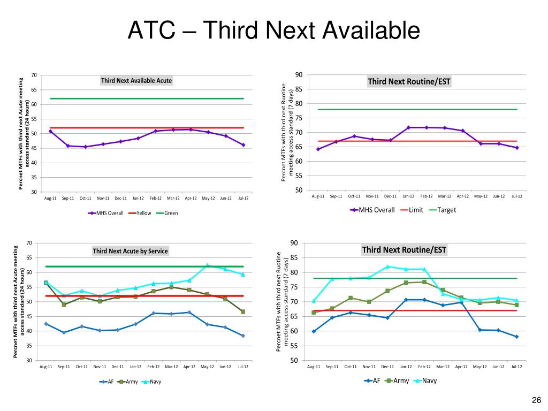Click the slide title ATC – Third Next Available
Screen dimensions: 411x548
pyautogui.click(x=273, y=31)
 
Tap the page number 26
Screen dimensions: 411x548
pyautogui.click(x=536, y=400)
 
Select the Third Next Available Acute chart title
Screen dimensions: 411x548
pyautogui.click(x=136, y=81)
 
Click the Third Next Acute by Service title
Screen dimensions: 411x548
pyautogui.click(x=130, y=251)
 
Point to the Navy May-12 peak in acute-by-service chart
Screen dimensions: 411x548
pyautogui.click(x=208, y=265)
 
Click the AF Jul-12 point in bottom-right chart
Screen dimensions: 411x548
pyautogui.click(x=516, y=337)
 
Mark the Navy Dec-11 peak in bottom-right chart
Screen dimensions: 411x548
pyautogui.click(x=387, y=267)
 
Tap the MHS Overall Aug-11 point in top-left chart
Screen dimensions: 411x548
pyautogui.click(x=50, y=131)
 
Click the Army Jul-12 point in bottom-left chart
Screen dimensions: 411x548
pyautogui.click(x=243, y=311)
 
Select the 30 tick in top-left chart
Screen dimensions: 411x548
pyautogui.click(x=34, y=192)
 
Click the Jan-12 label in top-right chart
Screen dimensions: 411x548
pyautogui.click(x=408, y=196)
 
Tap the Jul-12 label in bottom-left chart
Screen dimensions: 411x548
pyautogui.click(x=243, y=367)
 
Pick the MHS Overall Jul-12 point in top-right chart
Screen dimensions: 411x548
pyautogui.click(x=516, y=148)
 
